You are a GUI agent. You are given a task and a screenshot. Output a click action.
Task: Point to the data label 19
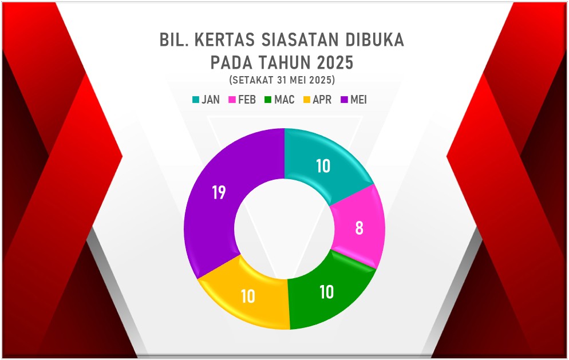click(x=219, y=192)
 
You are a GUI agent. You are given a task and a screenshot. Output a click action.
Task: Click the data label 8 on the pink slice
click(x=359, y=228)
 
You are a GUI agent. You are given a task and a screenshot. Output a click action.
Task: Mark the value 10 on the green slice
click(x=327, y=292)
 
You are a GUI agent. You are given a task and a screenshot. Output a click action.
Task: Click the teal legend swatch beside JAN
click(x=196, y=100)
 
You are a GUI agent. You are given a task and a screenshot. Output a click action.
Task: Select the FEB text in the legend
click(x=247, y=100)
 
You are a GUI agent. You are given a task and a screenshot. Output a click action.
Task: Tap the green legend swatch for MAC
click(x=268, y=100)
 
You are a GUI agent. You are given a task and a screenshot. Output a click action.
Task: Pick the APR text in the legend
click(x=322, y=100)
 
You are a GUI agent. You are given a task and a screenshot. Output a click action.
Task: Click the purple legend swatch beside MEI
click(x=345, y=100)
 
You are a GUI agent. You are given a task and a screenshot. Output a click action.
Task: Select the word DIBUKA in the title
click(x=374, y=40)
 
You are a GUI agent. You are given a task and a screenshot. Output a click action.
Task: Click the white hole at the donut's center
click(x=284, y=228)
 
